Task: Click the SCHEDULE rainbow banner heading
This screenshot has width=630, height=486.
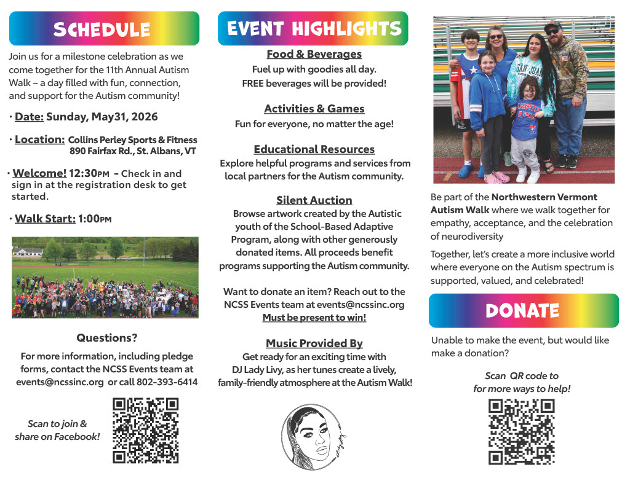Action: [104, 29]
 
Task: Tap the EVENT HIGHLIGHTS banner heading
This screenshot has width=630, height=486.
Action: [313, 28]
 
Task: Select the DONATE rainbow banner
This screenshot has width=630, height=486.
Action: [523, 311]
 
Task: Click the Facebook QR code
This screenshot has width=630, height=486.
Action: [146, 430]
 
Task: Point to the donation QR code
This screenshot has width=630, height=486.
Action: [522, 431]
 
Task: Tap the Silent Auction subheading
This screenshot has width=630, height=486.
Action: [314, 200]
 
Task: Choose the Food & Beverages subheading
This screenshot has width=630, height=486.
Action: [314, 54]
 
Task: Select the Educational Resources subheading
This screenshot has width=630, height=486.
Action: [314, 149]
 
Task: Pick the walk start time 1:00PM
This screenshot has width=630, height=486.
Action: [95, 219]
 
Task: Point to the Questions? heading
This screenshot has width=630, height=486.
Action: [107, 338]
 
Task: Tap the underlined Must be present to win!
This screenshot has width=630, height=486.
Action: [314, 318]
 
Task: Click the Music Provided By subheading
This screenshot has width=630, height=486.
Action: [314, 343]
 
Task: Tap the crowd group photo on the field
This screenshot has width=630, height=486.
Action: [105, 278]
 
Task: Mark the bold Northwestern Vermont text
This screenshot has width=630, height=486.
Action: [544, 197]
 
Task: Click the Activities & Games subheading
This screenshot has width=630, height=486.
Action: [314, 109]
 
